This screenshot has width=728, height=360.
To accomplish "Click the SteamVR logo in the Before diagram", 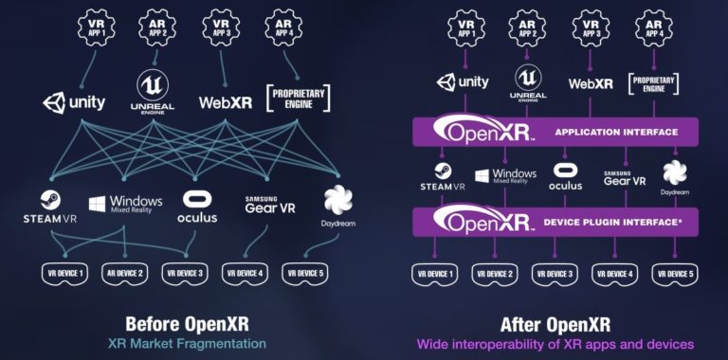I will pyautogui.click(x=50, y=206).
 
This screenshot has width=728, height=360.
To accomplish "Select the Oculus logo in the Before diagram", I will pyautogui.click(x=197, y=206).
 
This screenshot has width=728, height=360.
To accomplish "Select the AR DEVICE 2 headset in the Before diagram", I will pyautogui.click(x=123, y=273).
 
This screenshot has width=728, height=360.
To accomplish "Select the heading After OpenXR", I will pyautogui.click(x=555, y=322).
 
